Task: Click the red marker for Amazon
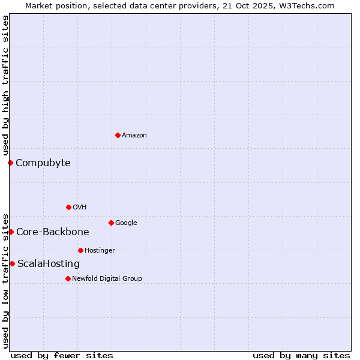pyautogui.click(x=118, y=135)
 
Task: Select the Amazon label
pyautogui.click(x=134, y=136)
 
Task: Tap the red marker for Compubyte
pyautogui.click(x=10, y=163)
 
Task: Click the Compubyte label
pyautogui.click(x=43, y=163)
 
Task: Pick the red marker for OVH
pyautogui.click(x=68, y=207)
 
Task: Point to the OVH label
pyautogui.click(x=80, y=208)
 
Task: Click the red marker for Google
pyautogui.click(x=111, y=223)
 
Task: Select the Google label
pyautogui.click(x=126, y=223)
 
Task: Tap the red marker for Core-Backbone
pyautogui.click(x=11, y=232)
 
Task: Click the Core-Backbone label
pyautogui.click(x=53, y=232)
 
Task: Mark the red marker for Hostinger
pyautogui.click(x=80, y=250)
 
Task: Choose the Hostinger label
pyautogui.click(x=100, y=251)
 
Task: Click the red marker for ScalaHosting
pyautogui.click(x=12, y=263)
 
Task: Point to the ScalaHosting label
pyautogui.click(x=49, y=264)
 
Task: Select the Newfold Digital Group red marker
pyautogui.click(x=68, y=278)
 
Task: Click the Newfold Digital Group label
pyautogui.click(x=107, y=279)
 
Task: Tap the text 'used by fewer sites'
pyautogui.click(x=62, y=355)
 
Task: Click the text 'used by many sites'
pyautogui.click(x=301, y=355)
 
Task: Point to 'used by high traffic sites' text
pyautogui.click(x=6, y=85)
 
